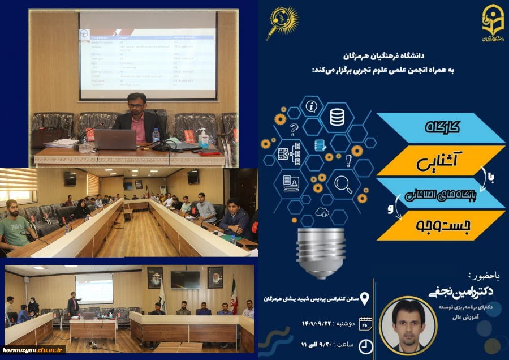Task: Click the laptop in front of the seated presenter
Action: pos(115,139)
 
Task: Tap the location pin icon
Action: pos(365,298)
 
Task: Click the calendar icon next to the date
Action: pos(365,323)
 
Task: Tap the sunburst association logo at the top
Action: pos(282,23)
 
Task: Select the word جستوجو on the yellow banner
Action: pos(441,225)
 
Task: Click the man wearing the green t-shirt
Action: pos(16,226)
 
